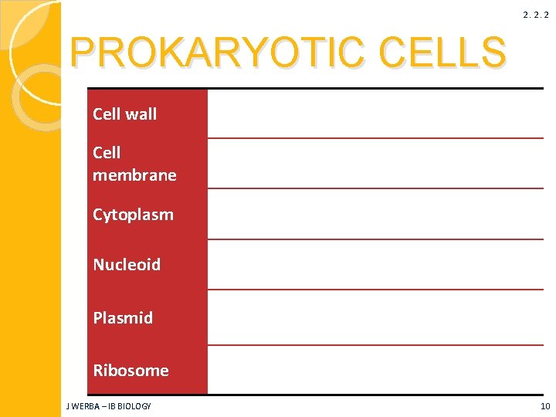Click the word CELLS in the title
pyautogui.click(x=443, y=52)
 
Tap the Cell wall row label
pyautogui.click(x=124, y=114)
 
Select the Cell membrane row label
pyautogui.click(x=134, y=164)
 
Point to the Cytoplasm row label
pyautogui.click(x=133, y=215)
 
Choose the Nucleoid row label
pyautogui.click(x=127, y=265)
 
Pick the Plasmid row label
pyautogui.click(x=123, y=317)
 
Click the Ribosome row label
pyautogui.click(x=131, y=371)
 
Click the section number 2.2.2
pyautogui.click(x=536, y=15)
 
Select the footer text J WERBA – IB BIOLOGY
pyautogui.click(x=110, y=406)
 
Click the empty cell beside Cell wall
pyautogui.click(x=375, y=114)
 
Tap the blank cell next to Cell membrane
pyautogui.click(x=375, y=164)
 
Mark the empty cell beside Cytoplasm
pyautogui.click(x=375, y=215)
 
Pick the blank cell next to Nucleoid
pyautogui.click(x=375, y=265)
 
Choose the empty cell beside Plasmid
pyautogui.click(x=375, y=317)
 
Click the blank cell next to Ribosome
pyautogui.click(x=375, y=371)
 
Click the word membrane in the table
pyautogui.click(x=134, y=175)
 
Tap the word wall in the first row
pyautogui.click(x=141, y=114)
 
